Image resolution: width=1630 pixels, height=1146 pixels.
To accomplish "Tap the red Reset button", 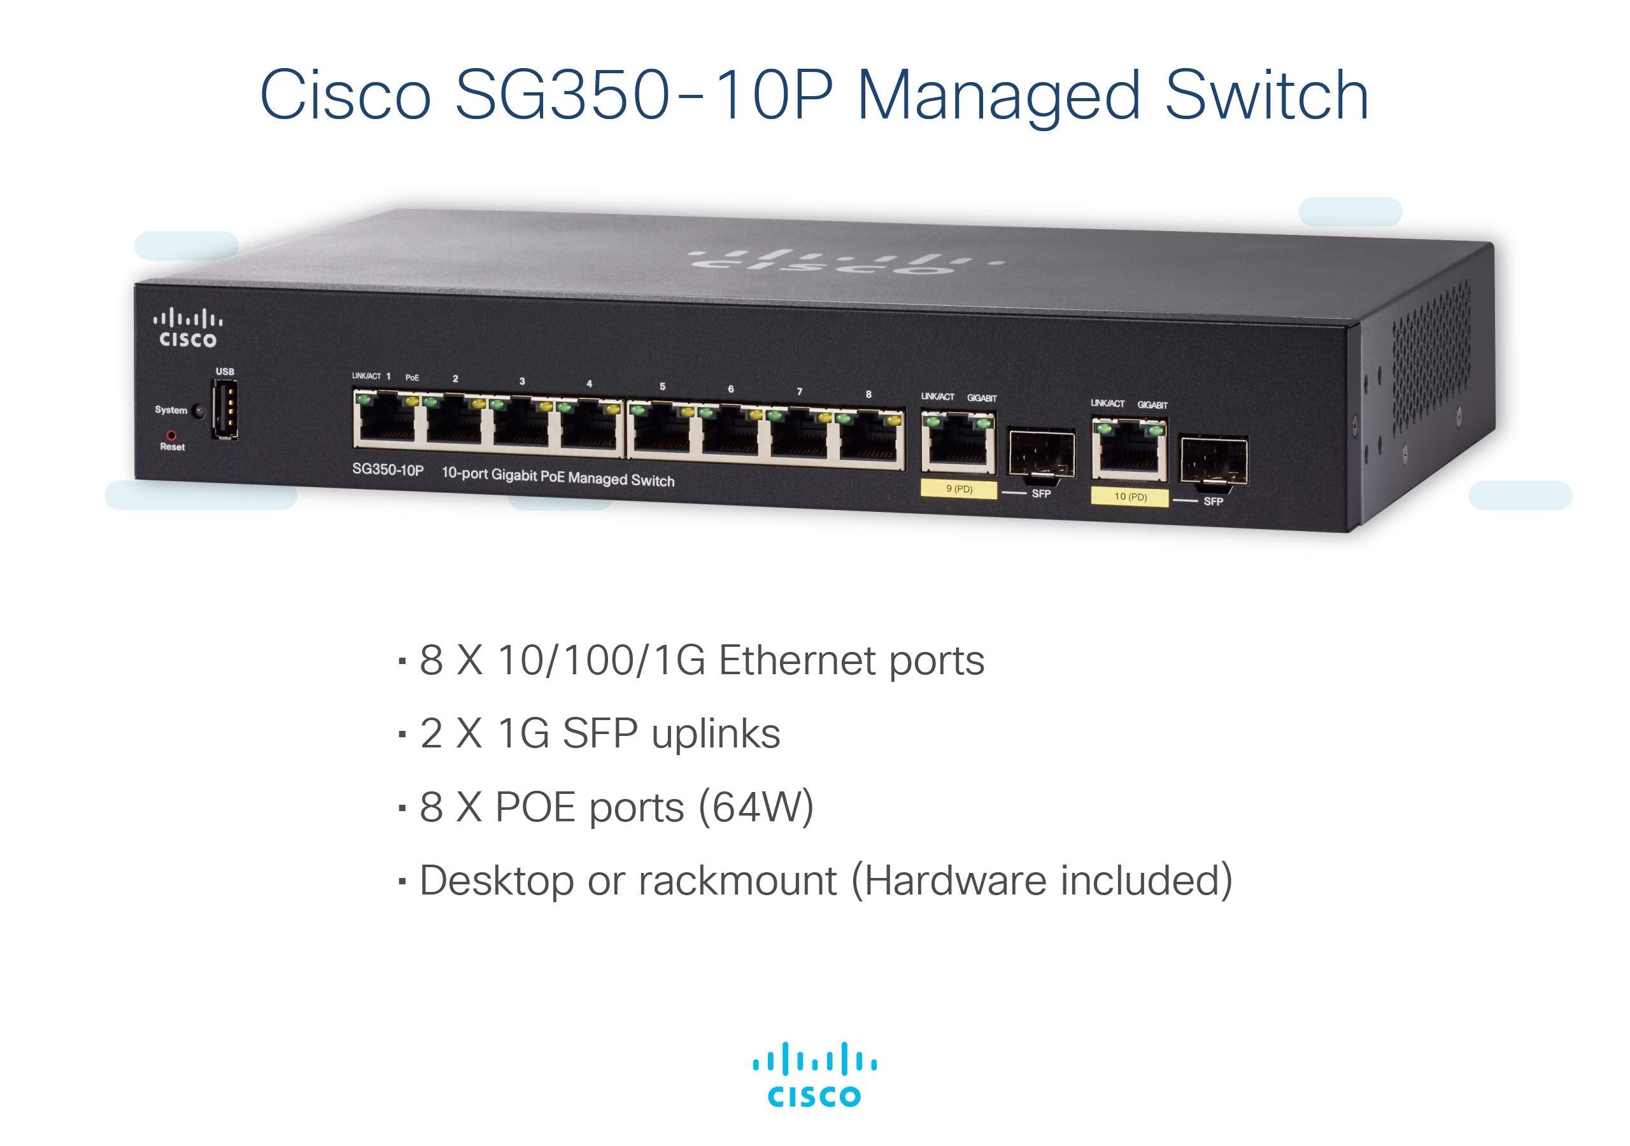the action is click(x=171, y=435).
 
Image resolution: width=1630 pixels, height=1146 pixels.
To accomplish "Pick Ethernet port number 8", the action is click(x=870, y=437).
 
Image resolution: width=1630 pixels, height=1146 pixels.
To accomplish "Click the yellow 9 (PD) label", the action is click(x=958, y=489).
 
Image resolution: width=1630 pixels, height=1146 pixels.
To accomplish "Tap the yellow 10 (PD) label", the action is click(x=1130, y=497).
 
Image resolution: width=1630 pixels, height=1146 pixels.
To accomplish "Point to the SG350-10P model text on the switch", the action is click(x=388, y=470).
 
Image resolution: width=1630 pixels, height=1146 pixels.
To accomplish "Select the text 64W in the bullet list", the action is click(x=755, y=807).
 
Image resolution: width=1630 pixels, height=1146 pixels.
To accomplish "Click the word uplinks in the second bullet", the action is click(x=716, y=733).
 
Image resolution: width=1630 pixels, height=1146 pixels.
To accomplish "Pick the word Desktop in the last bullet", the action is click(x=496, y=881).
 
